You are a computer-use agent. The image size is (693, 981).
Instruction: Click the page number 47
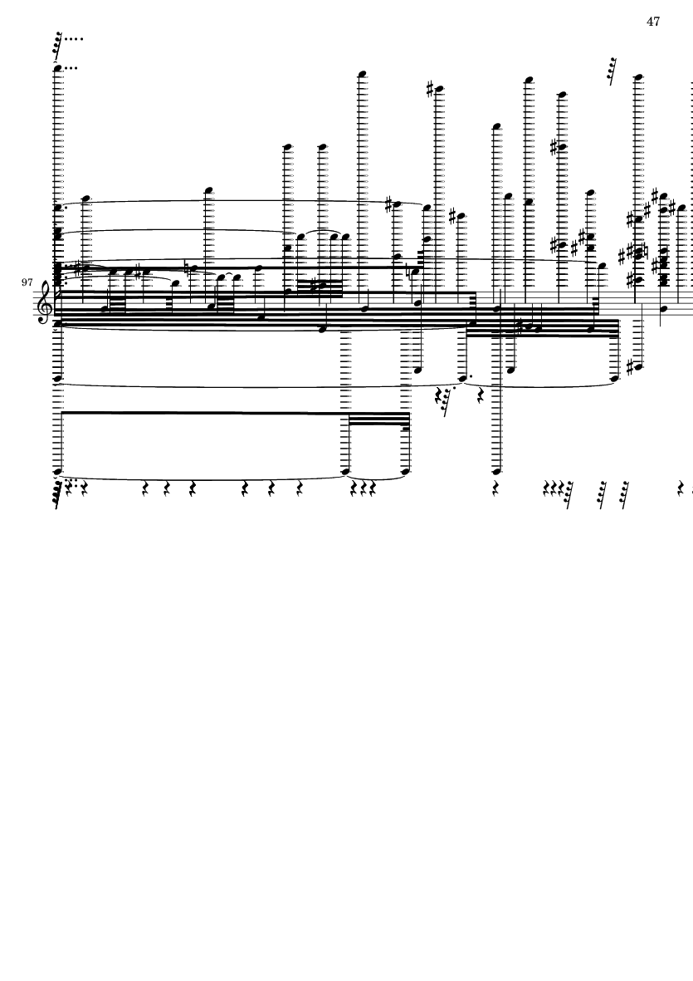(x=653, y=22)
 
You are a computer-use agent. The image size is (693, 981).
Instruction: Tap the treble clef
(x=45, y=304)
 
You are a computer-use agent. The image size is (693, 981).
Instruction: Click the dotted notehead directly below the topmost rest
(x=59, y=69)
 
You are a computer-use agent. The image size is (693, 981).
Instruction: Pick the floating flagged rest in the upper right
(x=612, y=71)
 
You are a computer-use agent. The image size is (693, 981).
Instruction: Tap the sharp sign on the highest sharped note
(x=430, y=90)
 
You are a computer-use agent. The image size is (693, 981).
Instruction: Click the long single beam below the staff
(x=203, y=413)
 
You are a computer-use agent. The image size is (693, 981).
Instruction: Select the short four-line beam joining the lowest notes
(x=378, y=420)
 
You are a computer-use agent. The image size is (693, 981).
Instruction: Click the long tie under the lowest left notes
(x=203, y=479)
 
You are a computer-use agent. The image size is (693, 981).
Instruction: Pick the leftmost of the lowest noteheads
(x=59, y=471)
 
